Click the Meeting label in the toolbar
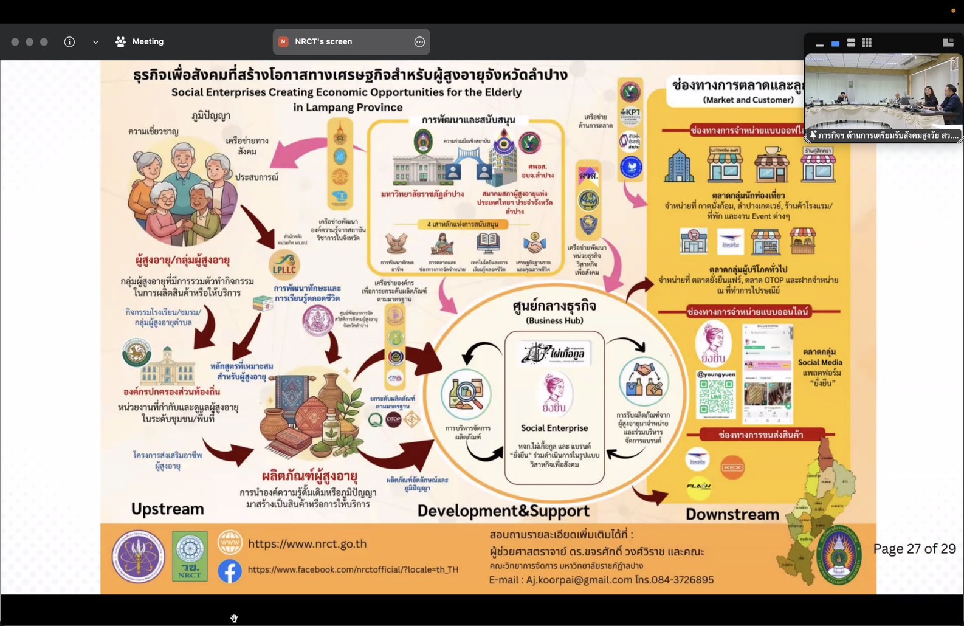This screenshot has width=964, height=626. click(148, 42)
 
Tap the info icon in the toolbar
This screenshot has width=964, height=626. click(69, 42)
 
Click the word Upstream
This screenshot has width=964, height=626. click(167, 509)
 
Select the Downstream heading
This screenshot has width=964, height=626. click(732, 514)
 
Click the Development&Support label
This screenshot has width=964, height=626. click(503, 511)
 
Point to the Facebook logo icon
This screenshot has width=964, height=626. click(230, 571)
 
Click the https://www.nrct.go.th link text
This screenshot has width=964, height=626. click(307, 544)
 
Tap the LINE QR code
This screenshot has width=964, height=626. click(715, 399)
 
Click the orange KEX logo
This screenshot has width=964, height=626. click(732, 467)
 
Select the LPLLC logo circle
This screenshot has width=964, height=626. click(284, 266)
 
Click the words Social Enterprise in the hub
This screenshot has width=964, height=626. click(554, 428)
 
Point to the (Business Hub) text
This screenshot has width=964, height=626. click(554, 320)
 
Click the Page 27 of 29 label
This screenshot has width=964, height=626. click(914, 549)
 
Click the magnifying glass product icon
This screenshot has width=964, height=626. click(466, 394)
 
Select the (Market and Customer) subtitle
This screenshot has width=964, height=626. click(748, 100)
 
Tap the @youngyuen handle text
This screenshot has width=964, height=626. click(715, 374)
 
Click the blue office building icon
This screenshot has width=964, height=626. click(678, 165)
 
